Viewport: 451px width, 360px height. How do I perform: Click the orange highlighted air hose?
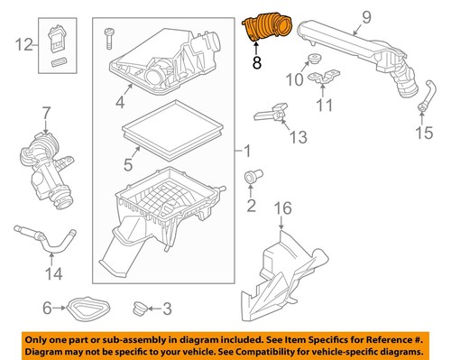point(267,29)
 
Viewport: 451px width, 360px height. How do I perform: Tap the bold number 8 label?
point(256,62)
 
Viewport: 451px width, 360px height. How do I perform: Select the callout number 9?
point(366,17)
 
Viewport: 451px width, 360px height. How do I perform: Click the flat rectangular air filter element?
point(172,129)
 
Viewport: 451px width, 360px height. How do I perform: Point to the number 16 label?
point(283,208)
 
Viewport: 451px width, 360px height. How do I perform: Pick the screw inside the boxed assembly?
point(109,39)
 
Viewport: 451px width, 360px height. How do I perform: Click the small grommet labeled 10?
point(315,59)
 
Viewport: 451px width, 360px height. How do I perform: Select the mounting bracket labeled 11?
point(324,78)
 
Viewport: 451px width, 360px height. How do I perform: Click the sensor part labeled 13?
point(272,114)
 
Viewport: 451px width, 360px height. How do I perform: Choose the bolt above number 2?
point(253,176)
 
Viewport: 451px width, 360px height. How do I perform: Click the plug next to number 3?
point(140,309)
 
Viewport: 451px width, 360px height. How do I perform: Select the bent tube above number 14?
point(45,239)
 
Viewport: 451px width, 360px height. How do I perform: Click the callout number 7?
point(46,115)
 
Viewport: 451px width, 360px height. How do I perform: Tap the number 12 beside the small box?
point(23,45)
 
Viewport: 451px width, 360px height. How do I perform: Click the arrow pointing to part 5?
point(134,152)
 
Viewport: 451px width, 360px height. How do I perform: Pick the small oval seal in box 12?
point(59,63)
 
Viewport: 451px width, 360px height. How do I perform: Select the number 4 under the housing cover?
point(120,103)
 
